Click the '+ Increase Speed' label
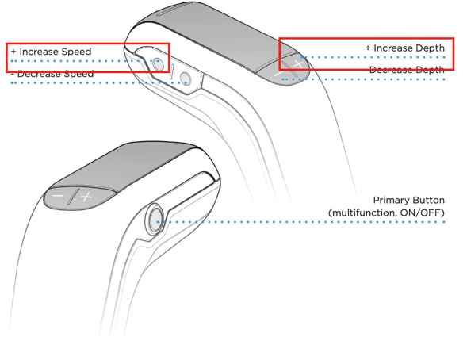click(51, 52)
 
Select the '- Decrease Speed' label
click(52, 74)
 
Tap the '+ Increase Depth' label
click(405, 48)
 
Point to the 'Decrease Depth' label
click(407, 70)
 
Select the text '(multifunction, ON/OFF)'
click(386, 213)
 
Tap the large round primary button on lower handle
click(155, 219)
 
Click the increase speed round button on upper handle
click(158, 64)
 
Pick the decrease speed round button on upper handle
click(186, 79)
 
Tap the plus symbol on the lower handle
click(86, 197)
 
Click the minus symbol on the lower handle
click(58, 196)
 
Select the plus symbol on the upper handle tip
click(298, 64)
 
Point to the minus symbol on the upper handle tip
click(279, 74)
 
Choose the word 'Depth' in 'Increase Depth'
click(431, 48)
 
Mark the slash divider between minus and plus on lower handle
click(73, 197)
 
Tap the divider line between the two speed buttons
click(172, 71)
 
